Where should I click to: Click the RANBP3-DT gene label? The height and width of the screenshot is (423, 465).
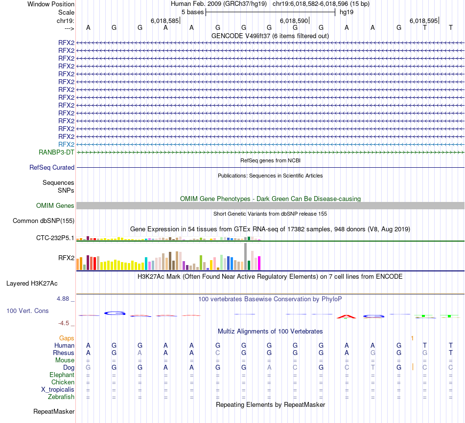(56, 152)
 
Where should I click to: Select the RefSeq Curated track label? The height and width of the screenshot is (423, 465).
(52, 167)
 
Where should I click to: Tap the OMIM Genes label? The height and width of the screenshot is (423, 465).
(55, 205)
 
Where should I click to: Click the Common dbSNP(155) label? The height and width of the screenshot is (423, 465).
(43, 221)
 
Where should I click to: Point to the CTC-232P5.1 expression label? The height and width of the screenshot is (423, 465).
(55, 238)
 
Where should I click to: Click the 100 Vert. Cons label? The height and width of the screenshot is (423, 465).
(27, 311)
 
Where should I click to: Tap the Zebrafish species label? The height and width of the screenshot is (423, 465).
(61, 397)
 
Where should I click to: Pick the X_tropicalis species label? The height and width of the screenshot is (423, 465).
(58, 389)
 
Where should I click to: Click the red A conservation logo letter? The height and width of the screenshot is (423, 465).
(347, 316)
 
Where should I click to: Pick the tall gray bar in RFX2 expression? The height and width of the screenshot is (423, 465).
(245, 256)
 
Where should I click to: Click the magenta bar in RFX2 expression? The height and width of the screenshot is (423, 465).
(259, 263)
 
